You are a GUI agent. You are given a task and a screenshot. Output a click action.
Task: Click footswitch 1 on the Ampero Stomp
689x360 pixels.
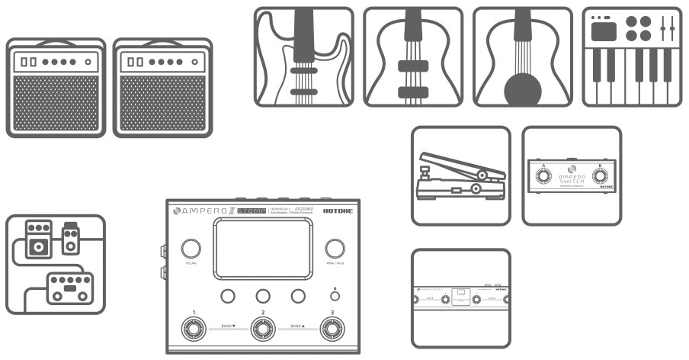(194, 329)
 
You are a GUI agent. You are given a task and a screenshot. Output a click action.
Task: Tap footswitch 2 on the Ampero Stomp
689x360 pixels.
(262, 329)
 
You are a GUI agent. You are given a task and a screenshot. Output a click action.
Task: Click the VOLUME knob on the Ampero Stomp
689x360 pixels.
(191, 249)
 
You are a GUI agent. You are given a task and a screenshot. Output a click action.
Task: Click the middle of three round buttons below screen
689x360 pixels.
(262, 296)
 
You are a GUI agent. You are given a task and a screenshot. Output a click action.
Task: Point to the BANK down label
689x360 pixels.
(228, 326)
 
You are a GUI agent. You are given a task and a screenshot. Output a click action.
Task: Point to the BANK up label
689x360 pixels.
(296, 326)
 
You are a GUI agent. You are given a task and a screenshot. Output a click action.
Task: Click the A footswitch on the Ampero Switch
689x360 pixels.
(543, 178)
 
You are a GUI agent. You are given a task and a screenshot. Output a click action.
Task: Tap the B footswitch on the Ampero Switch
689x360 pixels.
(601, 178)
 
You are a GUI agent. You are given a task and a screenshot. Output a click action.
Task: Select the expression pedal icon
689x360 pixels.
(460, 175)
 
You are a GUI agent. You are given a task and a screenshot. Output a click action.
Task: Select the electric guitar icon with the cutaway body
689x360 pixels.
(303, 56)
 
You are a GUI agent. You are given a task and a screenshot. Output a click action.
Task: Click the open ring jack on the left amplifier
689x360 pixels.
(88, 61)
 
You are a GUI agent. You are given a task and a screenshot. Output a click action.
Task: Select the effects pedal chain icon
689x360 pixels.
(55, 264)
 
